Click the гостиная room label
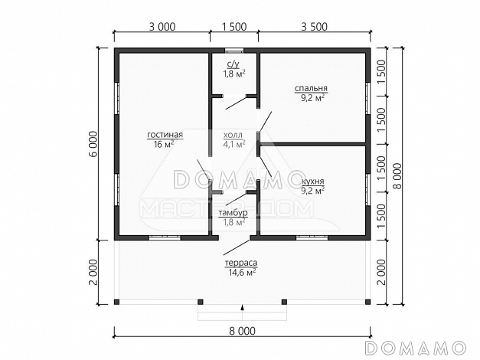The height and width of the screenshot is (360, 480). (x=165, y=135)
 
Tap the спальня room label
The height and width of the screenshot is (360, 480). (x=311, y=89)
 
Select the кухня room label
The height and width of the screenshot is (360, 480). (x=313, y=182)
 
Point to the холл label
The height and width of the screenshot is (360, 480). (x=233, y=135)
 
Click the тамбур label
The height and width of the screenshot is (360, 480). (x=233, y=213)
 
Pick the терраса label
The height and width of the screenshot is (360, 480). (x=241, y=263)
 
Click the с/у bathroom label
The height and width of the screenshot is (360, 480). (x=233, y=64)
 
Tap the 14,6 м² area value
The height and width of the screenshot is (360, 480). (x=242, y=273)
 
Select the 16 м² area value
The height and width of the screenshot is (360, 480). (x=164, y=144)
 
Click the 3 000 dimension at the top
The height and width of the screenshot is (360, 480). (x=162, y=27)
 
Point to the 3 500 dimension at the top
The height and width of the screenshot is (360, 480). (x=314, y=27)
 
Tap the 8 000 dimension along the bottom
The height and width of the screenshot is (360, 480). (x=242, y=331)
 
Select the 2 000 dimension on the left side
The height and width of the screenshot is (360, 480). (x=93, y=273)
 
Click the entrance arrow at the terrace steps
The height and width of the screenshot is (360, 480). (x=243, y=308)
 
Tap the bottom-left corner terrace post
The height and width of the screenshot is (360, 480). (x=116, y=302)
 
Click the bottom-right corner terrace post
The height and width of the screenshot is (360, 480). (x=367, y=302)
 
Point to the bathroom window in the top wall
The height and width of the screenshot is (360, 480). (x=234, y=50)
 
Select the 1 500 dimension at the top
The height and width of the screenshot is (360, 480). (x=234, y=27)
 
